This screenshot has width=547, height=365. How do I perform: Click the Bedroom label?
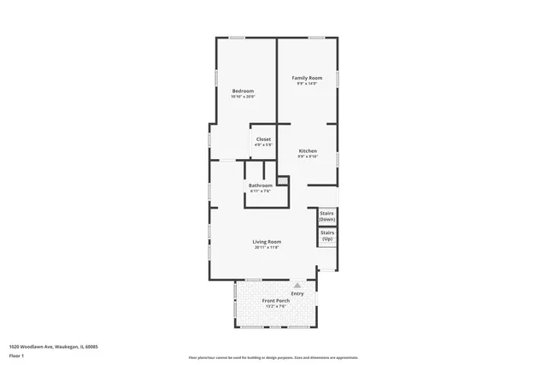(x=243, y=91)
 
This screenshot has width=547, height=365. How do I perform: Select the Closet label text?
(x=263, y=138)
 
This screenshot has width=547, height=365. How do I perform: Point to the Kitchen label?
(x=308, y=150)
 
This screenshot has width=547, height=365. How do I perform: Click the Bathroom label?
(x=261, y=185)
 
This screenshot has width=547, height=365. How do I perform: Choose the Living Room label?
(x=267, y=241)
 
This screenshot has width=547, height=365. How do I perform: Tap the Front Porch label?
(x=275, y=301)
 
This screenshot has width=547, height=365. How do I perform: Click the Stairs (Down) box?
(x=326, y=216)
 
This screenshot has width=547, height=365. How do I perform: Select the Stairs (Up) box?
(x=326, y=236)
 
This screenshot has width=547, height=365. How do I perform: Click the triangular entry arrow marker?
(x=297, y=286)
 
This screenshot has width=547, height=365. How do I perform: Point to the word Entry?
(x=297, y=293)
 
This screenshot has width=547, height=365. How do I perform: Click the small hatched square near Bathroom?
(x=283, y=180)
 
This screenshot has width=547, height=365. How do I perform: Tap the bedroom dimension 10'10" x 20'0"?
(x=243, y=97)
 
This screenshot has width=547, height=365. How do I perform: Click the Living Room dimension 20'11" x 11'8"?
(x=267, y=247)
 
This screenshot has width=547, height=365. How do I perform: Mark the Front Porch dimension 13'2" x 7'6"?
(x=275, y=307)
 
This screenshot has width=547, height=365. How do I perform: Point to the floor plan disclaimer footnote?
(x=273, y=357)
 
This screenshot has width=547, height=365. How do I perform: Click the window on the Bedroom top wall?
(x=237, y=37)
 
